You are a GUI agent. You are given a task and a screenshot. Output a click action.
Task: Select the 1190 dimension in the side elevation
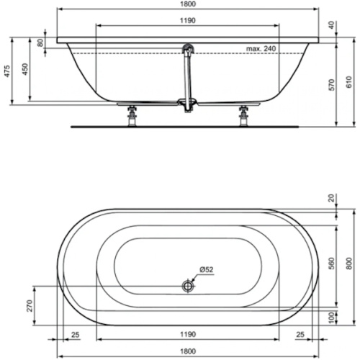click(x=187, y=21)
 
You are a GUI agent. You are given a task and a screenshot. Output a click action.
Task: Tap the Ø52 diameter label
click(x=206, y=270)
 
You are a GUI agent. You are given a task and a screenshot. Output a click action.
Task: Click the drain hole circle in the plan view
click(x=189, y=285)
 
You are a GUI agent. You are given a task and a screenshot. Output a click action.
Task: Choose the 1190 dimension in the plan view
click(x=187, y=335)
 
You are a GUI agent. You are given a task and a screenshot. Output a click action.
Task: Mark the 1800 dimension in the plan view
click(x=187, y=351)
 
